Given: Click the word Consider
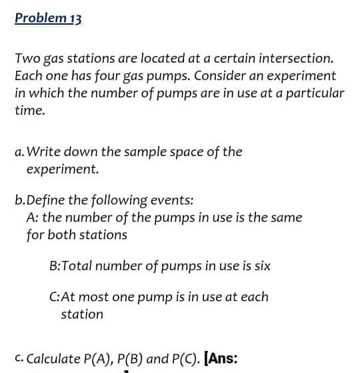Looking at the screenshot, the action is [215, 76].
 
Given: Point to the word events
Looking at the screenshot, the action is [175, 200].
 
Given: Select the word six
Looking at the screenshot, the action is [261, 266].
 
